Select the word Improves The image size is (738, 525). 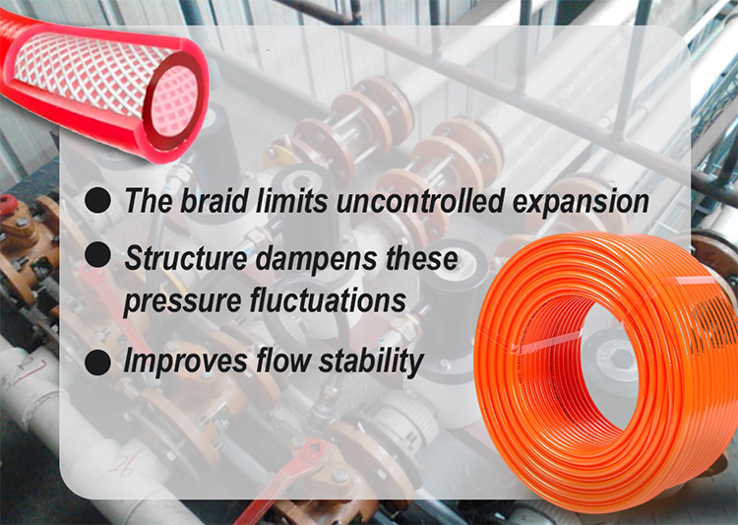[182, 361]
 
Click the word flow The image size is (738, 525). [281, 361]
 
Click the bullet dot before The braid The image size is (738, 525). [97, 201]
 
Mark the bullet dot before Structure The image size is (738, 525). [97, 255]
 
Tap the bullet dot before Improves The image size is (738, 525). [97, 361]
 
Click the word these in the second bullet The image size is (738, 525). [419, 259]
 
